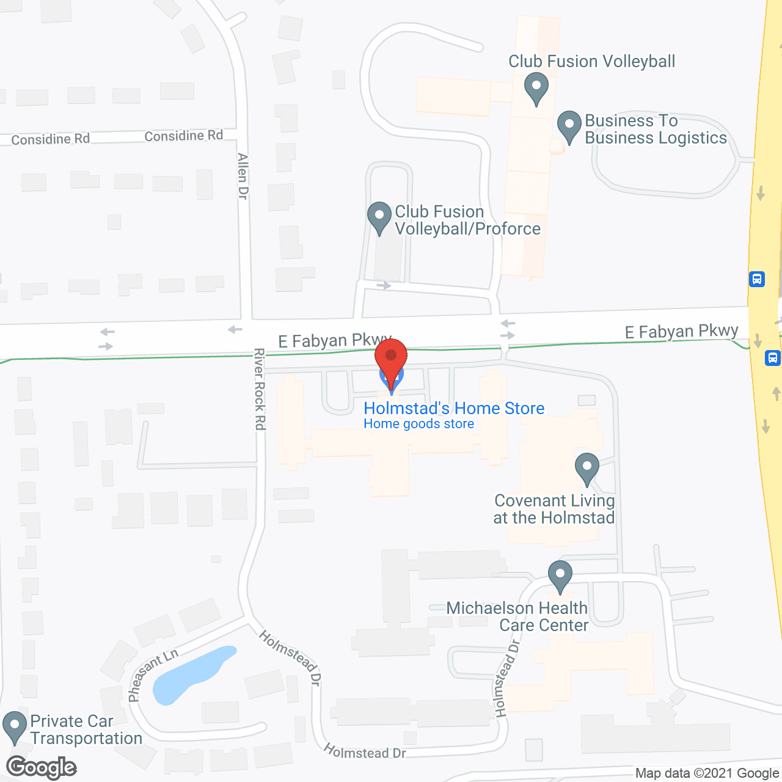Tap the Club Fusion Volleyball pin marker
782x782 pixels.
tap(536, 88)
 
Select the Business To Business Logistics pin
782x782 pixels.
tap(569, 126)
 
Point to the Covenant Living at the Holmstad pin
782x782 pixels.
tap(586, 469)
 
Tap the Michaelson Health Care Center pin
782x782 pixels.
tap(560, 576)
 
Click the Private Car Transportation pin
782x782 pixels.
tap(15, 728)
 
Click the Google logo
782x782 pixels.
tap(42, 767)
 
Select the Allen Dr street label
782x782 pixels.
tap(243, 176)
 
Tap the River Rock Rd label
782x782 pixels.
tap(260, 389)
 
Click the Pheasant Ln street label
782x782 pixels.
tap(153, 675)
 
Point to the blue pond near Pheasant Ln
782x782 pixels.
tap(189, 672)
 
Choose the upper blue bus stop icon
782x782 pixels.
tap(757, 279)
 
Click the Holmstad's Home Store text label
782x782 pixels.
tap(454, 408)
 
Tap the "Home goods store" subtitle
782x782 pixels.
tap(418, 424)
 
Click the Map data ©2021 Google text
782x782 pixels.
tap(707, 773)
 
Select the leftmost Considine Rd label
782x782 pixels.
tap(50, 139)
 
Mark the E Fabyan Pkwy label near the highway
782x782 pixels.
tap(681, 331)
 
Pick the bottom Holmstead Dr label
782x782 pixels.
tap(364, 752)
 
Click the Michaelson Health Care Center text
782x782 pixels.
tap(517, 616)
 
